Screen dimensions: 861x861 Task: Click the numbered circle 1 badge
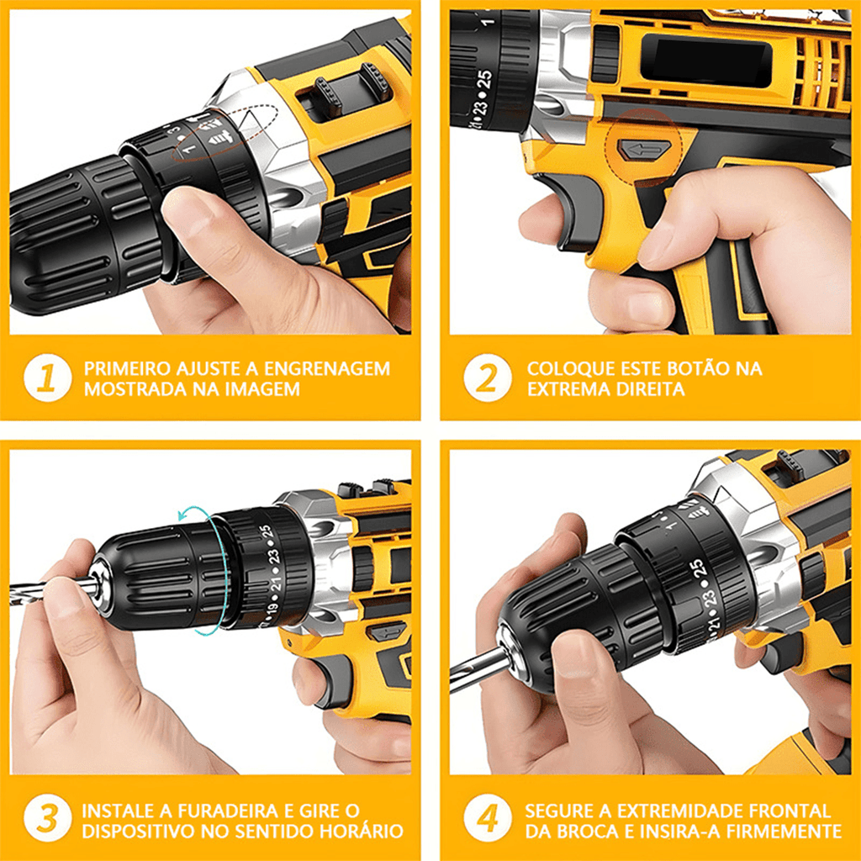tap(47, 378)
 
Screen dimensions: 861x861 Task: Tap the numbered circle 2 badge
tap(488, 378)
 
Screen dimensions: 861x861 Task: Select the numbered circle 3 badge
tap(47, 818)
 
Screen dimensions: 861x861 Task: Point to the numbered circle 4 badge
tap(488, 818)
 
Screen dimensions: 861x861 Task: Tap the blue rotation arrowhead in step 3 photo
tap(183, 515)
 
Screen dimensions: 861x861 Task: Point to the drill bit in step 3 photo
tap(51, 590)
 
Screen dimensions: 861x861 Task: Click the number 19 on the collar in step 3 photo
tap(272, 610)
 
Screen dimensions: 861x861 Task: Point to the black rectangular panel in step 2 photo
tap(706, 61)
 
